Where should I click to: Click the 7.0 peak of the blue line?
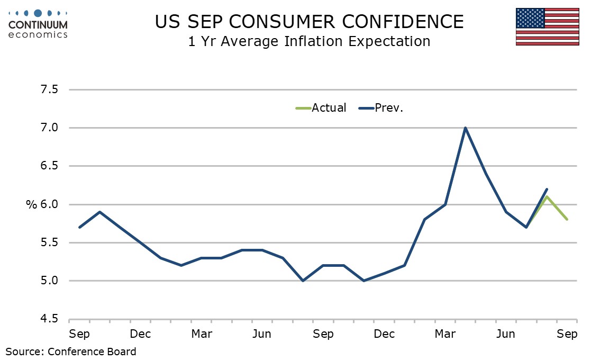click(465, 128)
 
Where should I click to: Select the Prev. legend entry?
click(382, 108)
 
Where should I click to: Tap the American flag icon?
click(547, 26)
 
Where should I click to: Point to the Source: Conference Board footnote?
click(71, 351)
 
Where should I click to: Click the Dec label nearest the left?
click(140, 334)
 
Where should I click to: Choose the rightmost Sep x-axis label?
click(567, 334)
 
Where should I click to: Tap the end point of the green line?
click(567, 219)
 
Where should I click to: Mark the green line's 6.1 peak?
click(547, 196)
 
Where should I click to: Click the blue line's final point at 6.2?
click(547, 189)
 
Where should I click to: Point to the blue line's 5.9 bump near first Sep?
click(99, 212)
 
